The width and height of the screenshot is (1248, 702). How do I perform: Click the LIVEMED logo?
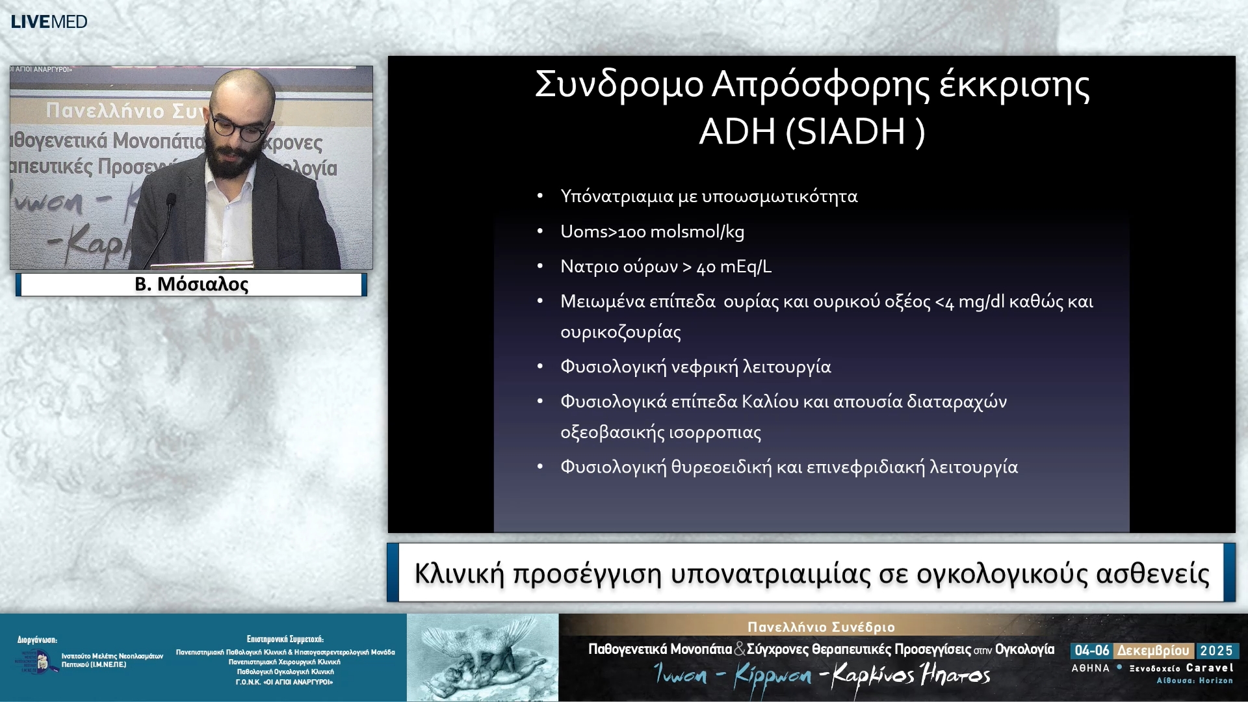49,21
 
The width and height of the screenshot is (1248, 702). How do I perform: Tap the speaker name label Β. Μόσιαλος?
191,285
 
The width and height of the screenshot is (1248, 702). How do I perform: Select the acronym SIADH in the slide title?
850,132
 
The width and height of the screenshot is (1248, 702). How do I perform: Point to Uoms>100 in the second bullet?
603,231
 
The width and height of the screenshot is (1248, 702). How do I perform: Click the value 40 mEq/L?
734,266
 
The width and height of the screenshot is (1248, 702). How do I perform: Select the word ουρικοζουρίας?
621,332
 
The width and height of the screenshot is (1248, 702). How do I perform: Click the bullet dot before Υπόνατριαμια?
539,196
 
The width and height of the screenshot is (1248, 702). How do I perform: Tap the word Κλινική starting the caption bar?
459,574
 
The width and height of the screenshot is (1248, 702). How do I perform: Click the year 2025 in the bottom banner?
1216,651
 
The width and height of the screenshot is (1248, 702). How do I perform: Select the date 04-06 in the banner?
1091,651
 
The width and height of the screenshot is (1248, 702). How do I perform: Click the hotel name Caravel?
1209,668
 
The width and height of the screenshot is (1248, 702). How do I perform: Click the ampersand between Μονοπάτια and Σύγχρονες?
739,649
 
